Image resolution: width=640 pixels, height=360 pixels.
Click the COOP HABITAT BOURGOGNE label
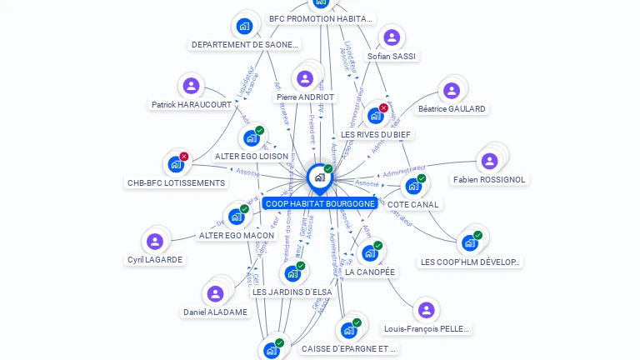(x=319, y=203)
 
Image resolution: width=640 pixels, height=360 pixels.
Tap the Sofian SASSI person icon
(x=391, y=38)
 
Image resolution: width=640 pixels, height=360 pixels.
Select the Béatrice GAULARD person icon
(x=451, y=91)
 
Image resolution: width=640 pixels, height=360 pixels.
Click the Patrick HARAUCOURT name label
(x=192, y=105)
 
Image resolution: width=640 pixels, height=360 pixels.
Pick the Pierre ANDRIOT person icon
(x=305, y=79)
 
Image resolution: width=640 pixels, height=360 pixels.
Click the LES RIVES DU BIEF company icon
(x=375, y=116)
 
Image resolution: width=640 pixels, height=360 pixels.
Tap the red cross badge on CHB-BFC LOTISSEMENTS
(x=184, y=156)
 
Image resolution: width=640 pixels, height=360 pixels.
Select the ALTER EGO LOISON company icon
(x=250, y=138)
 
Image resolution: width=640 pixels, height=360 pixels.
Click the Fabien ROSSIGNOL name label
(x=489, y=179)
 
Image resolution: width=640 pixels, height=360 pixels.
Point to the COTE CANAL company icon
(x=412, y=187)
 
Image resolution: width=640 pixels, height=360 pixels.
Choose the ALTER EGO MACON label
(x=237, y=235)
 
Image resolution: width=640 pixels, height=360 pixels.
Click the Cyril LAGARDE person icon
(x=154, y=242)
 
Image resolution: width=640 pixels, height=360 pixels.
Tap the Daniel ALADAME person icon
(x=215, y=294)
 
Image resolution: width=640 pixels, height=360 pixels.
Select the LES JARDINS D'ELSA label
(x=292, y=292)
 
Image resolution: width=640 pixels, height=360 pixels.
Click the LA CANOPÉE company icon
(x=369, y=253)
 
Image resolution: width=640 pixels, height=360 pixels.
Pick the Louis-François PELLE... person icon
(x=426, y=311)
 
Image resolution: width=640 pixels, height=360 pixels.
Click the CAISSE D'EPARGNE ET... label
(x=349, y=349)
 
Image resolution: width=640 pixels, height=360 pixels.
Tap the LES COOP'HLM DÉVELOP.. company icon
(x=469, y=243)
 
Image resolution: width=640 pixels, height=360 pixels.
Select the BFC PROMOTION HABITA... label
(x=322, y=18)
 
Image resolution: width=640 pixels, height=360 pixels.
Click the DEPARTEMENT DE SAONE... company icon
(x=244, y=27)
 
